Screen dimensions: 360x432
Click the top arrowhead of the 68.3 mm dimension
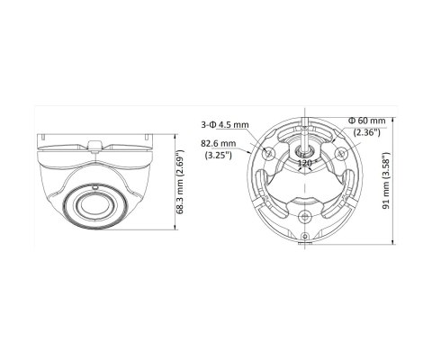[174, 135]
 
